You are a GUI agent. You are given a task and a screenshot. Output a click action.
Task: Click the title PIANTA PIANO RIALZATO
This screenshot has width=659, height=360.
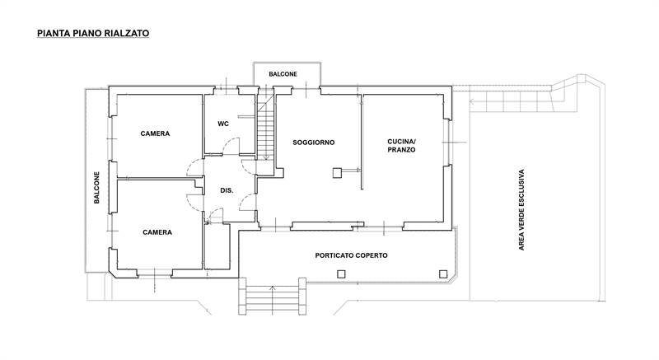(x=93, y=33)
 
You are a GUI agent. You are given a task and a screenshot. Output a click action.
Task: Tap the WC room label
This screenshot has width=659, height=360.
(x=223, y=124)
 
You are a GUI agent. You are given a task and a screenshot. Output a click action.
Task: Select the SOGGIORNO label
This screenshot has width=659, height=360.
(x=314, y=143)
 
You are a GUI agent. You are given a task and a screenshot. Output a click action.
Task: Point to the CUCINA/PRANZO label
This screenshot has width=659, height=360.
(x=401, y=146)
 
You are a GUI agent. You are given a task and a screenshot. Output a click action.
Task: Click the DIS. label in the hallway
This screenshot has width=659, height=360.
(x=227, y=190)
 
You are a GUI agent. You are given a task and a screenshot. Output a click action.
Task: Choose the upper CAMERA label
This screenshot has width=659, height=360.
(x=155, y=133)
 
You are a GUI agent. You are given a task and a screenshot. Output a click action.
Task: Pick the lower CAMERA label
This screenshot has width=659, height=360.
(x=157, y=232)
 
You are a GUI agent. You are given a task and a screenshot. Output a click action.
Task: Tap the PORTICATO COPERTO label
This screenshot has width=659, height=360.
(x=352, y=255)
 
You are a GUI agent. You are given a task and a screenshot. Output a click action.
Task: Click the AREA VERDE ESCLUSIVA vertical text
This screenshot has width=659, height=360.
(x=521, y=210)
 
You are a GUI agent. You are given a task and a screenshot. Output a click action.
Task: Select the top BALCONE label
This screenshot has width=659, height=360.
(x=283, y=74)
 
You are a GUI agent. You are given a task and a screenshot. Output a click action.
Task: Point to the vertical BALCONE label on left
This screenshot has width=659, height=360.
(x=96, y=187)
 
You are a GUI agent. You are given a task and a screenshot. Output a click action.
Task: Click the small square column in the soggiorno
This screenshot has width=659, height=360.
(x=337, y=173)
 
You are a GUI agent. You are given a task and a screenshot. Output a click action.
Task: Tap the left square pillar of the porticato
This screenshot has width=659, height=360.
(x=341, y=274)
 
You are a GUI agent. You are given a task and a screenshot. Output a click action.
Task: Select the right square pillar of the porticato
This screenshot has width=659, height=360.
(x=443, y=274)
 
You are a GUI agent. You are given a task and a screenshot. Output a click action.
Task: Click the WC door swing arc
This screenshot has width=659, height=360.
(x=231, y=146)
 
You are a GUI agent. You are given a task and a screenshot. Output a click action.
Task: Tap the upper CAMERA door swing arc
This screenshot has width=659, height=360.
(x=194, y=167)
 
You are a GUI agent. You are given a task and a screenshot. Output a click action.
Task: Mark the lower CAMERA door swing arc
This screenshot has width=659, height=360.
(x=194, y=202)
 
